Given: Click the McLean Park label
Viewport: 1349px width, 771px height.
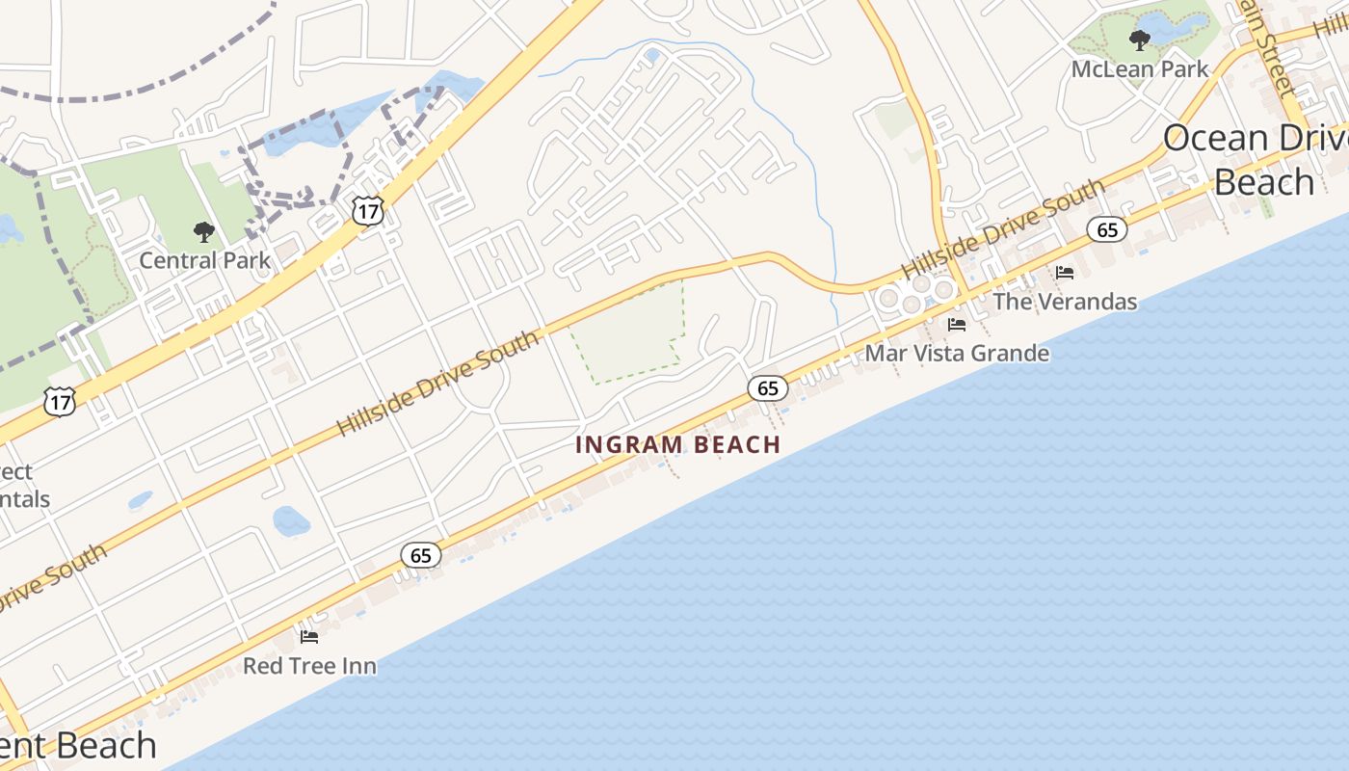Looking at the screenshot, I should pos(1140,69).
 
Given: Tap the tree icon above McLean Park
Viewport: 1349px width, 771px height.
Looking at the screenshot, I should pos(1140,40).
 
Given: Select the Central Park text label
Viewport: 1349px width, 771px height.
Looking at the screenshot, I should pos(205,260).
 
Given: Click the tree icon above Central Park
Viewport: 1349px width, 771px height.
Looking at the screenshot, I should pos(203,231).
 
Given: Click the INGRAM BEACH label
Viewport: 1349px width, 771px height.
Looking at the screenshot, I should pos(677,444).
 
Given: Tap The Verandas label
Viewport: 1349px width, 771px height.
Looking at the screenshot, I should pos(1065,302).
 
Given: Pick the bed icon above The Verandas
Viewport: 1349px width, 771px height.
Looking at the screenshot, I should pos(1065,273).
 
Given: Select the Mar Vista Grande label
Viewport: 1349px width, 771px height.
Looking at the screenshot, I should pos(957,353).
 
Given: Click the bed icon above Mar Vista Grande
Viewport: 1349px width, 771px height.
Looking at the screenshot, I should pos(957,325).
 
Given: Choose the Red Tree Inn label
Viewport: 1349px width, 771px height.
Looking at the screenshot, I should pos(309,666).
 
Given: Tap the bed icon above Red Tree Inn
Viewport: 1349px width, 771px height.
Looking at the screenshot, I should pos(309,636).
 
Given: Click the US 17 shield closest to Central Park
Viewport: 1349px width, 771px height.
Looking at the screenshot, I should pos(368,210).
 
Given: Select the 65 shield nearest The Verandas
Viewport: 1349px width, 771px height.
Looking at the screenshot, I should pos(1107,229).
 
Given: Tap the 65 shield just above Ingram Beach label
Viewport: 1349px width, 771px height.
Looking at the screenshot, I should pos(768,388).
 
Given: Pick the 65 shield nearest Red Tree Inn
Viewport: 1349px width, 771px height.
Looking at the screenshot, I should pos(421,555).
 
